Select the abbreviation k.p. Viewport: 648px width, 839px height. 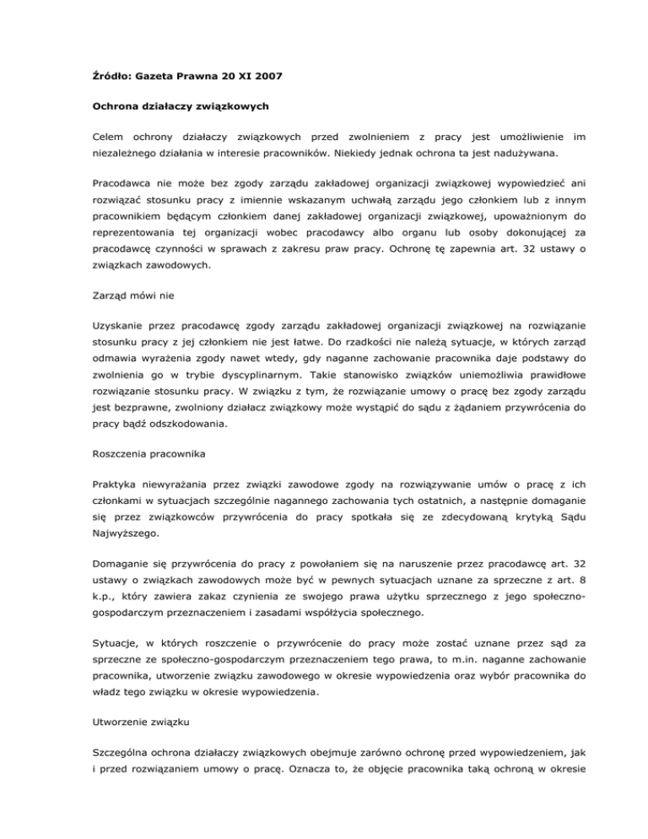(106, 658)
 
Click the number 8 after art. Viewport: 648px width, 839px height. (555, 638)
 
